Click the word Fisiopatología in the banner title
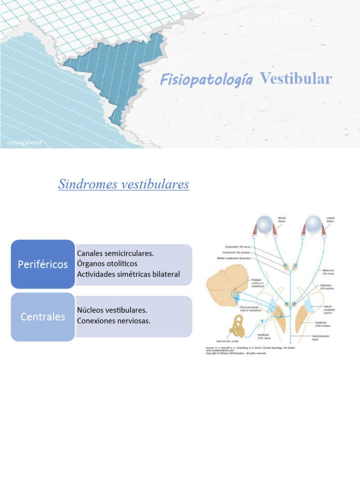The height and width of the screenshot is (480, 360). click(x=206, y=80)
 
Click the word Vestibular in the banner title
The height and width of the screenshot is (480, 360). click(x=296, y=79)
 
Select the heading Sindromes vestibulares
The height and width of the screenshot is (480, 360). click(x=124, y=184)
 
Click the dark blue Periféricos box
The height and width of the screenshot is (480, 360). click(x=43, y=264)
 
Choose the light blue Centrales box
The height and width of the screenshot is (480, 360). click(x=43, y=317)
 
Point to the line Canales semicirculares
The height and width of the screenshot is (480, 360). click(x=115, y=253)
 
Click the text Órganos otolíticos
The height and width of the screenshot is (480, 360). click(x=107, y=263)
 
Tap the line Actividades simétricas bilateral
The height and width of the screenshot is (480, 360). click(x=128, y=274)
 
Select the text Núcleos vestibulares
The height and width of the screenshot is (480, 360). click(x=112, y=310)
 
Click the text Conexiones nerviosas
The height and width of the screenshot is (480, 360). click(x=114, y=321)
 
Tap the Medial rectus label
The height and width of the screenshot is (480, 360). click(x=282, y=219)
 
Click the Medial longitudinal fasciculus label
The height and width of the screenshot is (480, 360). click(x=233, y=258)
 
